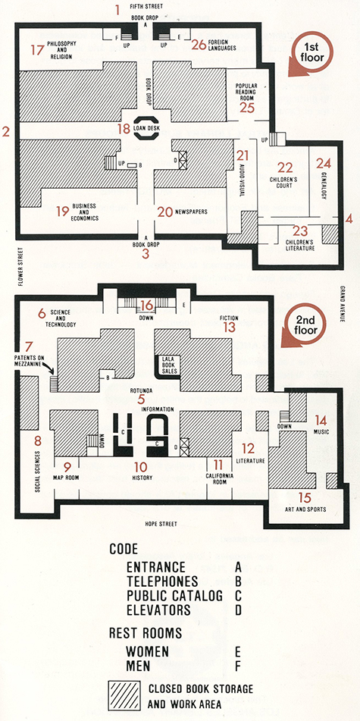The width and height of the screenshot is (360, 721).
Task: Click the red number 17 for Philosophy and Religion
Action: coord(37,50)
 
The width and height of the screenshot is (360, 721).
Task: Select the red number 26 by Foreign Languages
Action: coord(199,45)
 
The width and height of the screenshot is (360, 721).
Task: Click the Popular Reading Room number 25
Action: coord(247,107)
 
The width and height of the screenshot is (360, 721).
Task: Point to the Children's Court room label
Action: coord(285,183)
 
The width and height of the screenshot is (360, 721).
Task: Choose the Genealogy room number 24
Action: coord(324,162)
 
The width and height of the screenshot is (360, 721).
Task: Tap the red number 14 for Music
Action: coord(321,419)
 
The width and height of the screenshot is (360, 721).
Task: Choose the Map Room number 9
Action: coord(67,466)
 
